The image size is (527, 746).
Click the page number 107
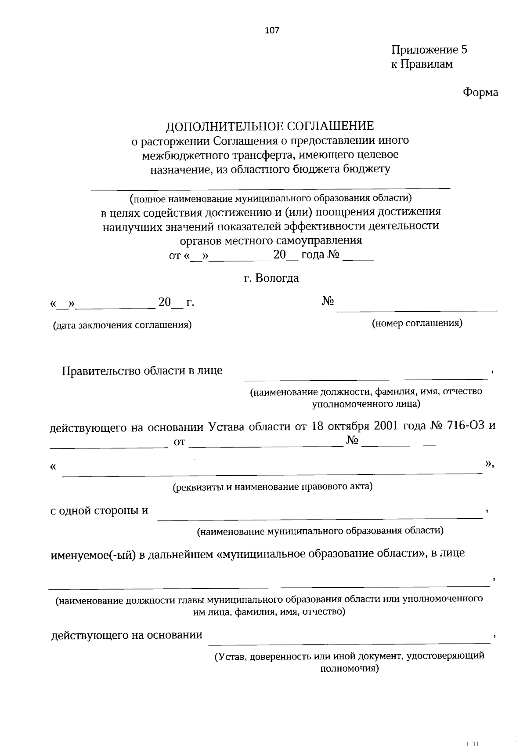(x=272, y=30)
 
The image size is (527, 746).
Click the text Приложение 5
(x=429, y=50)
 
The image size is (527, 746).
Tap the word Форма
(x=480, y=93)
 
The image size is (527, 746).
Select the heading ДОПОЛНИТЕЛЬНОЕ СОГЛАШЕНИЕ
(x=270, y=126)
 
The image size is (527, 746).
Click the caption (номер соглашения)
(x=417, y=324)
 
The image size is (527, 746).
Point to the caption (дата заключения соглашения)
(x=122, y=325)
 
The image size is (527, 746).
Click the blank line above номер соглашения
(x=416, y=310)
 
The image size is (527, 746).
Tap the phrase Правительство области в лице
(x=142, y=371)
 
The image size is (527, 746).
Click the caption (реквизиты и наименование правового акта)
(x=272, y=487)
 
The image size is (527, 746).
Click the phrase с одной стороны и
(x=99, y=511)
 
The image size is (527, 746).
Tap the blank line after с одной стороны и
(x=319, y=518)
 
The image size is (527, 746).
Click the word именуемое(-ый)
(x=94, y=553)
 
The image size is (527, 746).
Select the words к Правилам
(x=422, y=64)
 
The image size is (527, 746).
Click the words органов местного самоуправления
(x=271, y=241)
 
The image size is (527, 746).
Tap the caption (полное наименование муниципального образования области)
(x=271, y=198)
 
